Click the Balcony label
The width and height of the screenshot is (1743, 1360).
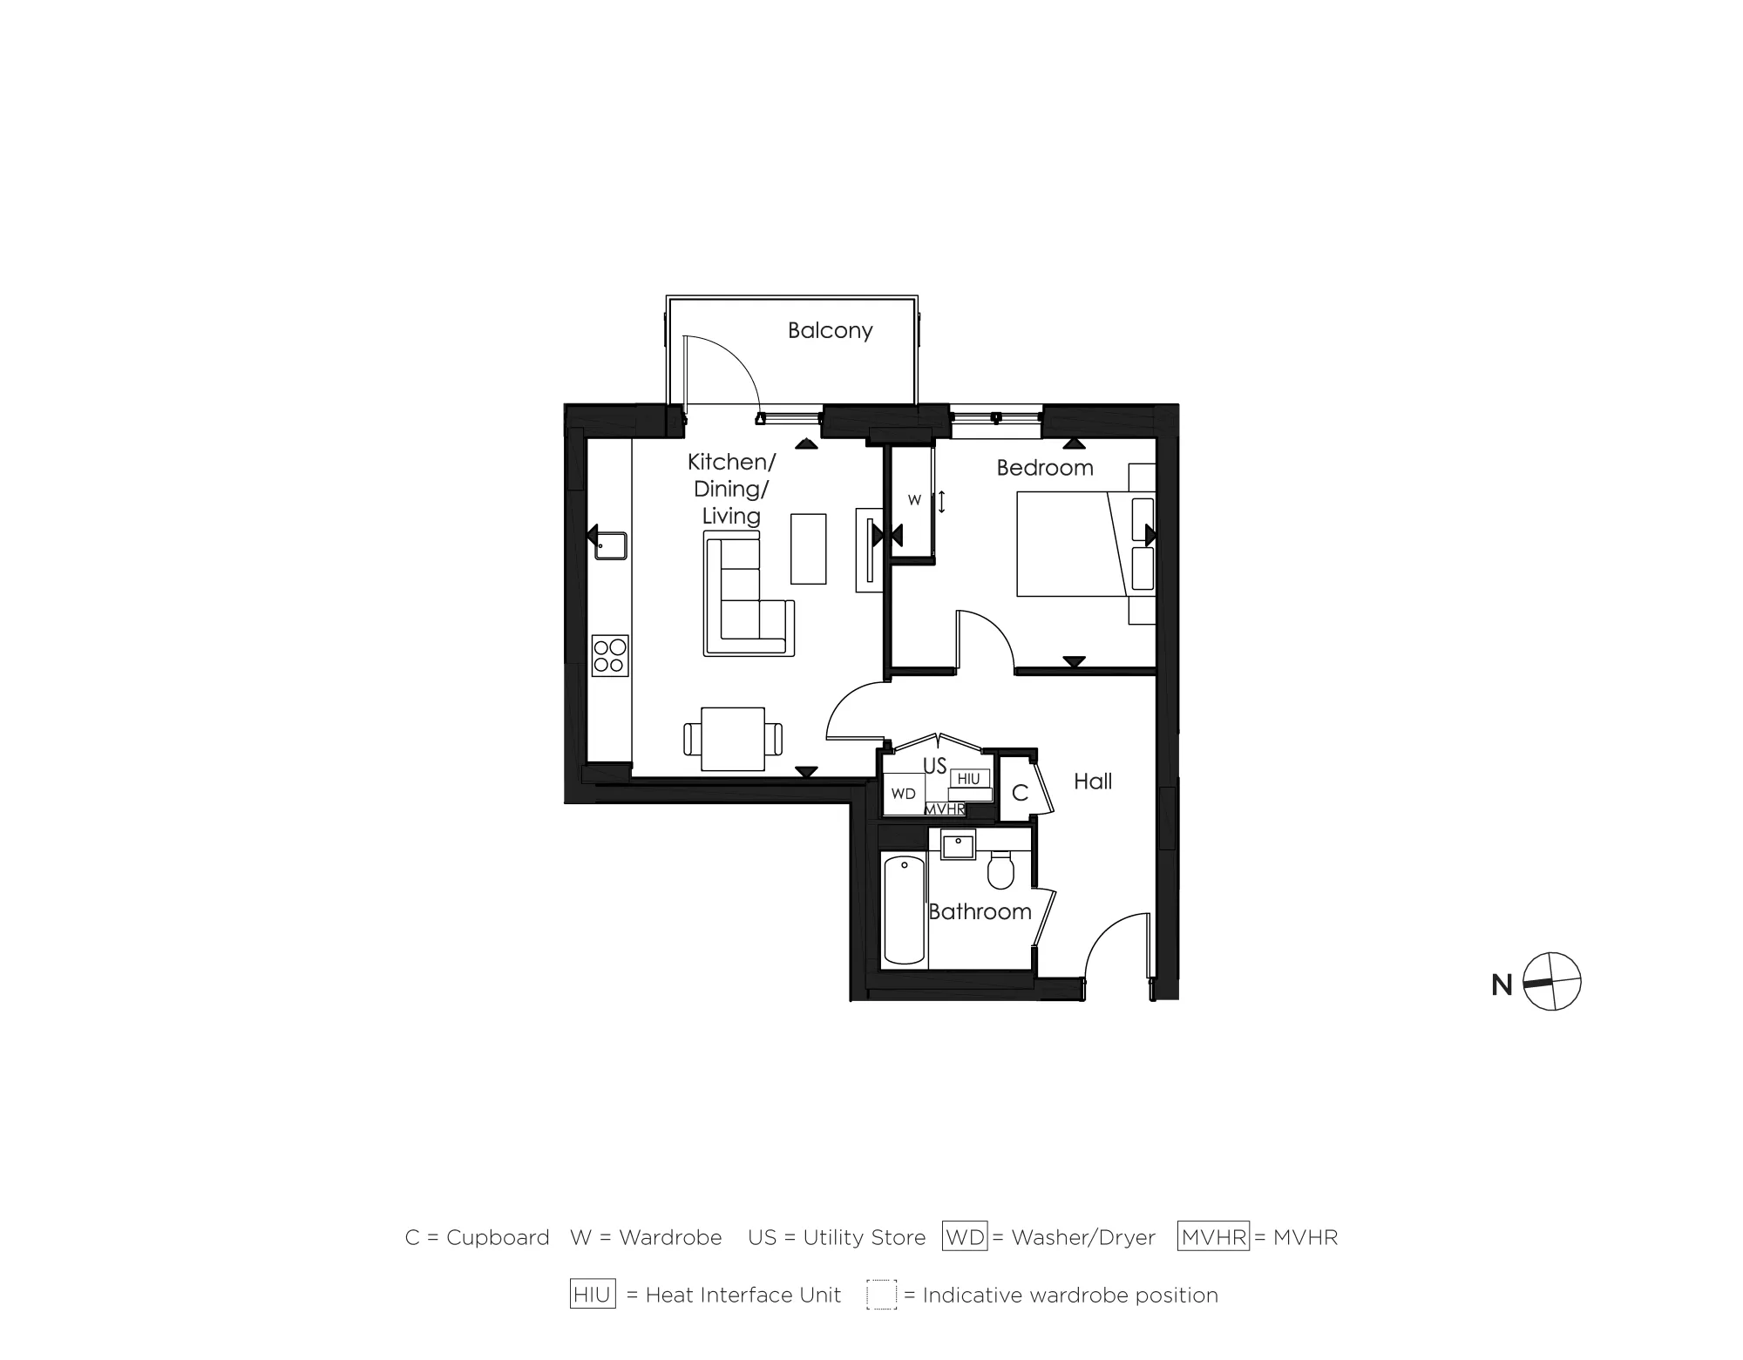pos(830,331)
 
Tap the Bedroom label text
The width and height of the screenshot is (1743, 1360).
pos(1044,468)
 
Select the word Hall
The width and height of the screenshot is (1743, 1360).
pos(1092,781)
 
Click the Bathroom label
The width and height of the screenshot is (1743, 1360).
pos(980,912)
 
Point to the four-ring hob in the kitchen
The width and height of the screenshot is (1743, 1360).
pos(610,656)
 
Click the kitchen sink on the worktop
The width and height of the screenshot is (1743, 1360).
pos(611,546)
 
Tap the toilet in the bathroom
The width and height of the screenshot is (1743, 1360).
pos(1000,870)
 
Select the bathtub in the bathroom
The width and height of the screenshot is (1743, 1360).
pos(904,910)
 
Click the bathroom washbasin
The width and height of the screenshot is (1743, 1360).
pos(958,845)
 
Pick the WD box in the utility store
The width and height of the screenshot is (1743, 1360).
pos(904,794)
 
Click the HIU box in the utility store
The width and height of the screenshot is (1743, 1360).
pos(968,779)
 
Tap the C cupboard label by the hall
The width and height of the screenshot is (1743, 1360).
pos(1020,794)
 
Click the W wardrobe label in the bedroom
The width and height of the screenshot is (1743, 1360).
pos(914,500)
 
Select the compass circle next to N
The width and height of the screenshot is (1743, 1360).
pos(1552,982)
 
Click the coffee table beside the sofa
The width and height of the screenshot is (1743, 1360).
pos(808,549)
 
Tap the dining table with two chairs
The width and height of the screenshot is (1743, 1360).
pos(733,739)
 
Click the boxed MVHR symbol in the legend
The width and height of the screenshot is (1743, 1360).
pos(1213,1236)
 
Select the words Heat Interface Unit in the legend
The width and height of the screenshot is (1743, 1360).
pos(743,1295)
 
